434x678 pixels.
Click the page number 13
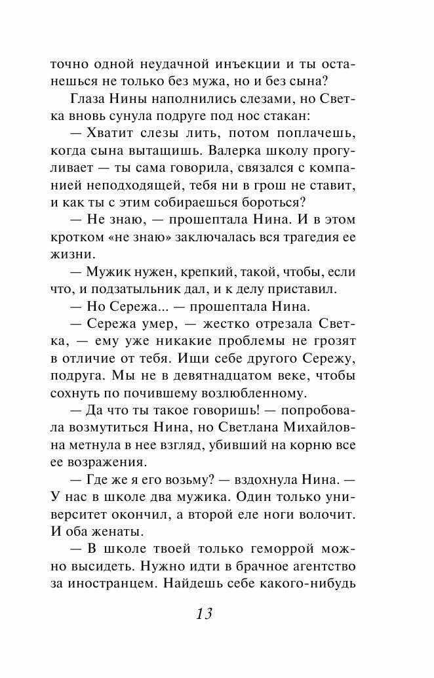coord(204,614)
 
